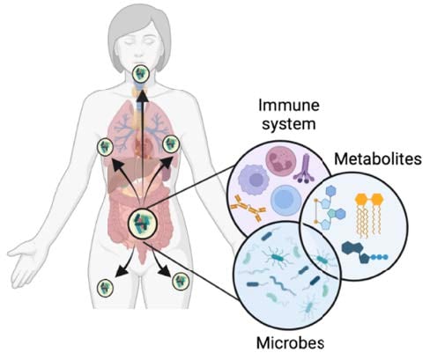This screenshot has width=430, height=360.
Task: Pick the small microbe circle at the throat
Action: pos(140,74)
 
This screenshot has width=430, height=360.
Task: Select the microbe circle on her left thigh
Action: pos(181,281)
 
